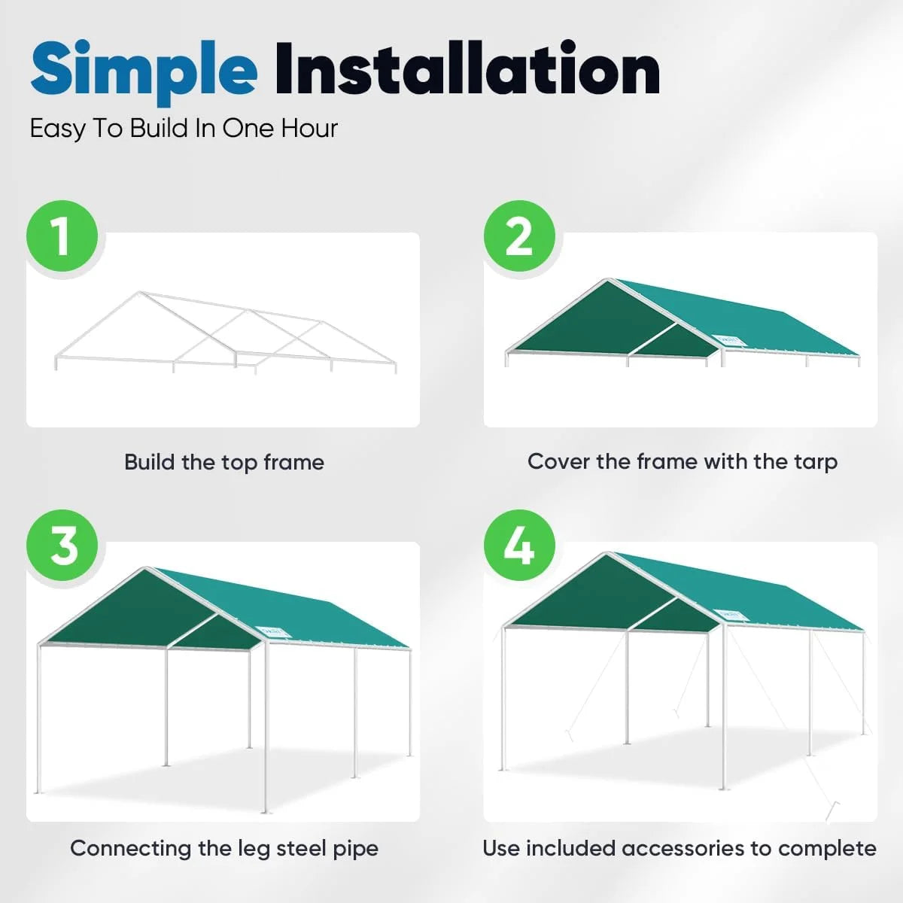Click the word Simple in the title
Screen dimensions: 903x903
143,69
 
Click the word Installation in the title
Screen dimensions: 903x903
467,69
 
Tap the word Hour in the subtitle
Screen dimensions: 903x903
309,129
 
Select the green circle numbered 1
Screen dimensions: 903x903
62,236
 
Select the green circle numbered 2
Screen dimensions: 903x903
519,236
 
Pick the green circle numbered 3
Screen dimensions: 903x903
62,546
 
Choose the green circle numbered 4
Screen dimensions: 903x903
519,546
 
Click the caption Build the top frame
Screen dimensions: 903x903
224,462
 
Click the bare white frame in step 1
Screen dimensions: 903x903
226,331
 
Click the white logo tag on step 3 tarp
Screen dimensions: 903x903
272,631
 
